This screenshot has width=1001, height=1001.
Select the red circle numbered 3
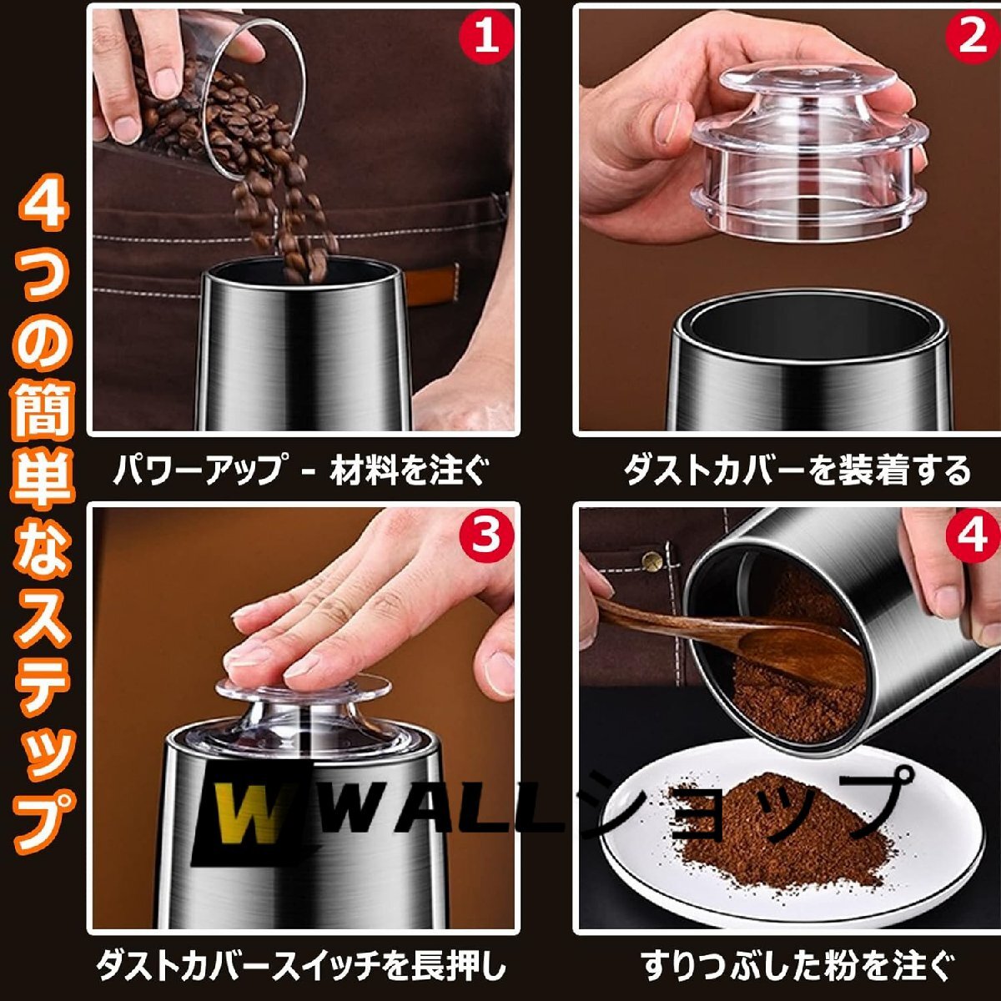click(486, 537)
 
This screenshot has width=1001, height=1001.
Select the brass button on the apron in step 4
click(652, 560)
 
